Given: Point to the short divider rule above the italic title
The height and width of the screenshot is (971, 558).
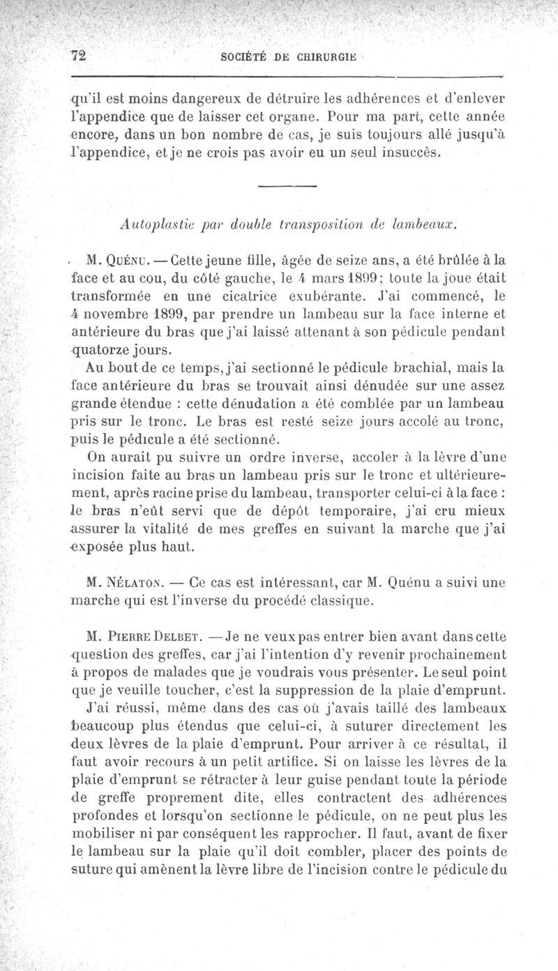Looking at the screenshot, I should pos(287,186).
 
